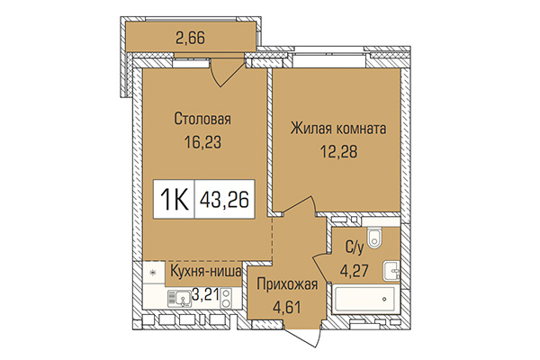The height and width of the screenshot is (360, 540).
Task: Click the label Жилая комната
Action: pyautogui.click(x=338, y=130)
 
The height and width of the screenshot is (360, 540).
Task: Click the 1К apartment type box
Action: pyautogui.click(x=177, y=195)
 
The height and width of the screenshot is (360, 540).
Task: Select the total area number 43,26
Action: pyautogui.click(x=226, y=195)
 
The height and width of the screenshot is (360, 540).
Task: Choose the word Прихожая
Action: pyautogui.click(x=285, y=286)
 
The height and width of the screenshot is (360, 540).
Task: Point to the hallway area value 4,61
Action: pyautogui.click(x=287, y=310)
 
